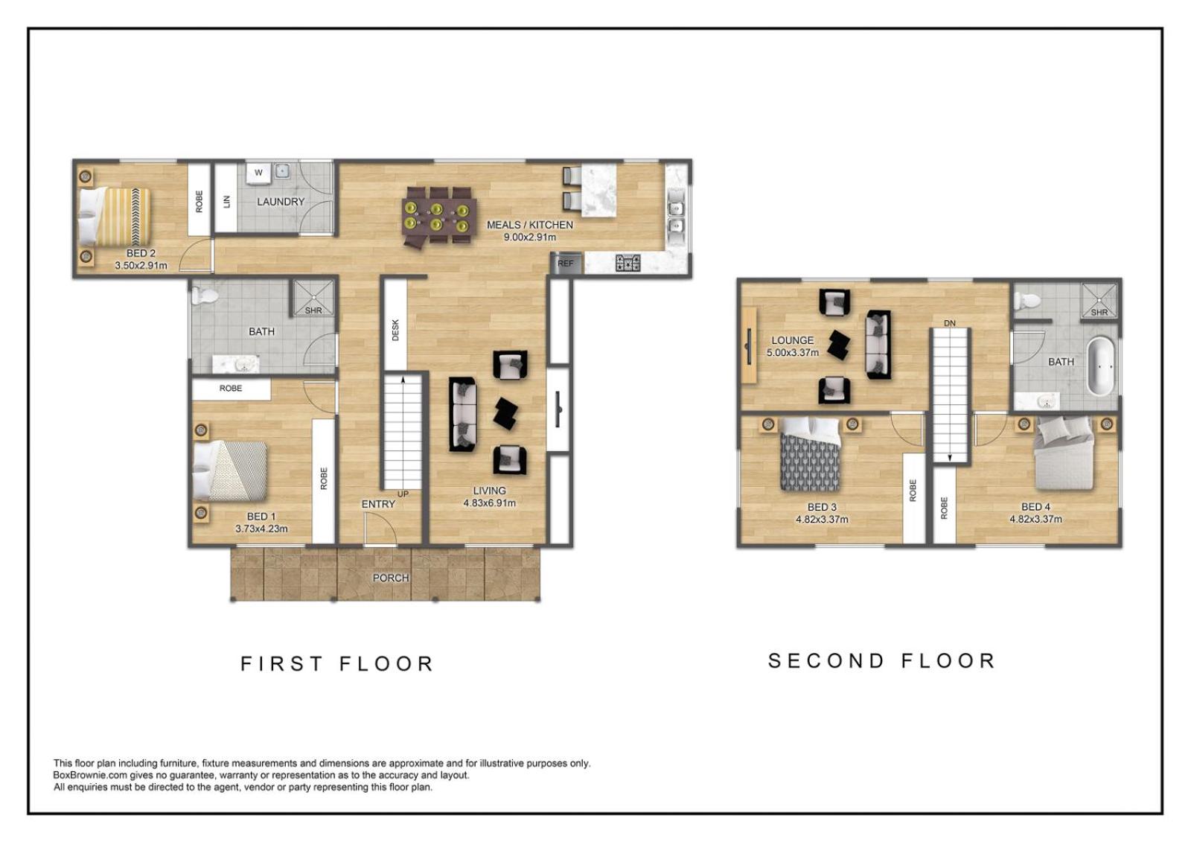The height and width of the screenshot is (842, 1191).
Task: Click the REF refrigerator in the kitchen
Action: [x=566, y=264]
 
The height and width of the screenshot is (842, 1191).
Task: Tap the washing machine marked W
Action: [x=259, y=172]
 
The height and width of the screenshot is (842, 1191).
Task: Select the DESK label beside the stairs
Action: [x=395, y=330]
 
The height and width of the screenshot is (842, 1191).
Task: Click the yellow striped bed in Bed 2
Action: [x=115, y=217]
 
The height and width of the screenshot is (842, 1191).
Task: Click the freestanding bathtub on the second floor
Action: [x=1101, y=367]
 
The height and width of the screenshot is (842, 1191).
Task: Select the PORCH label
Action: [x=391, y=578]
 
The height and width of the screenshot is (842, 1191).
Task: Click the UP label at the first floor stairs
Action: [x=403, y=494]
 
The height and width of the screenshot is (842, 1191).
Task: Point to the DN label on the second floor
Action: [x=950, y=323]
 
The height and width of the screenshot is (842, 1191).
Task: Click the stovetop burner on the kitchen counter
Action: [x=628, y=263]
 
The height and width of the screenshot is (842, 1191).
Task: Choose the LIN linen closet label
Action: [x=226, y=202]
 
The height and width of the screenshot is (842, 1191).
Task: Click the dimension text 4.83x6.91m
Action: [x=489, y=503]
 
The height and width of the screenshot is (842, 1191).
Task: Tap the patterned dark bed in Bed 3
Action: [x=810, y=456]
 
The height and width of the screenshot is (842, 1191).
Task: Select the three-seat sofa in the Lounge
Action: [x=878, y=345]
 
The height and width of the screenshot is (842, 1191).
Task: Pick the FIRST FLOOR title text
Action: [x=337, y=664]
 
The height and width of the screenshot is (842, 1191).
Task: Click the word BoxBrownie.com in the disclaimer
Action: [x=90, y=776]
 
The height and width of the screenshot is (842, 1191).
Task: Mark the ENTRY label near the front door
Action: [x=378, y=504]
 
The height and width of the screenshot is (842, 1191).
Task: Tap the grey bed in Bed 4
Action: [x=1064, y=453]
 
